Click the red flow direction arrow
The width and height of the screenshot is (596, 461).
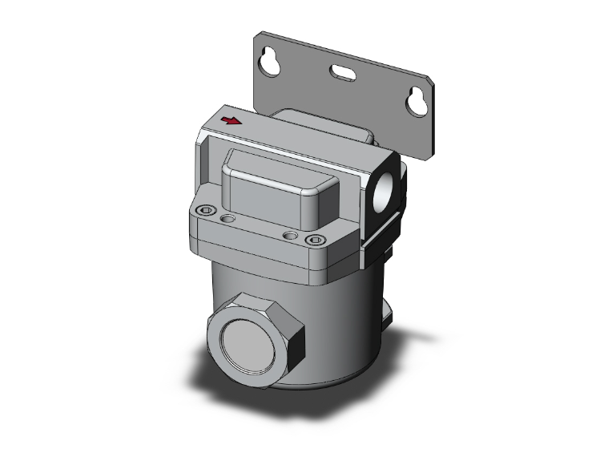[231, 121]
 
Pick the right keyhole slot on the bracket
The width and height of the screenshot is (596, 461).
[414, 100]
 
